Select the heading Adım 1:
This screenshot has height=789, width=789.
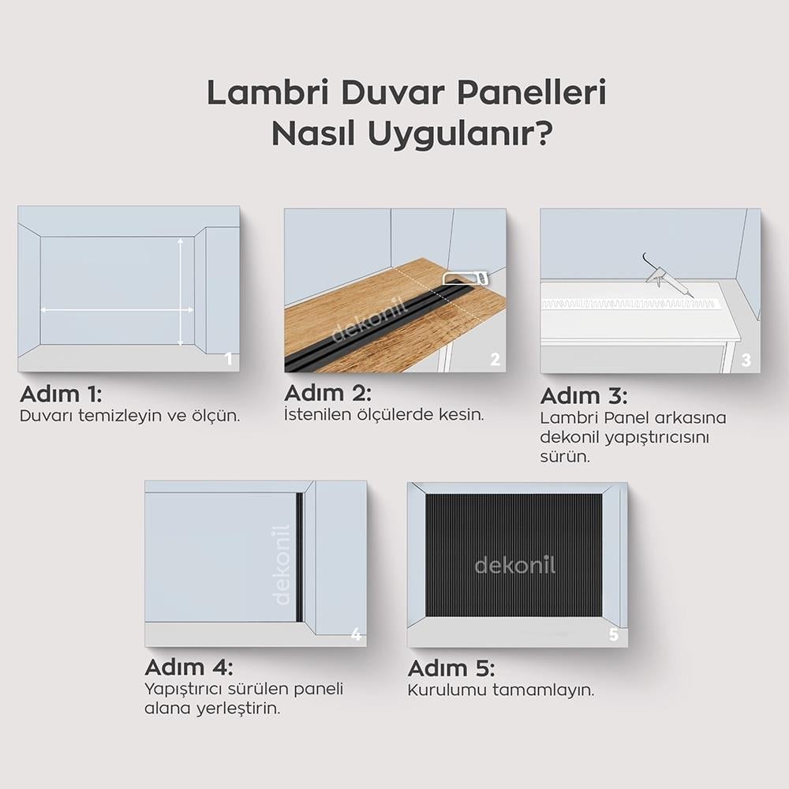(x=61, y=394)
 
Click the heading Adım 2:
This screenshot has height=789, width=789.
(x=327, y=393)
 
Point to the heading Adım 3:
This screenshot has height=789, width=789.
(x=584, y=397)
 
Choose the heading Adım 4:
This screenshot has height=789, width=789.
(x=189, y=667)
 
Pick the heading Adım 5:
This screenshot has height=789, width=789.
(x=451, y=668)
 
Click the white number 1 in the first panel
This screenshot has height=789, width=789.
(x=229, y=359)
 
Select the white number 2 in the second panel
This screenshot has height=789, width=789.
(x=495, y=359)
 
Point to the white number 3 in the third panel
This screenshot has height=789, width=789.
(x=746, y=360)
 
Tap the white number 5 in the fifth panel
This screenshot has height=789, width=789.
(x=613, y=634)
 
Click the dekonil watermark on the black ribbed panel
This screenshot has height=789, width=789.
(x=514, y=566)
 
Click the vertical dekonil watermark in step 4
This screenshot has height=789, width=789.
(x=281, y=565)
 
